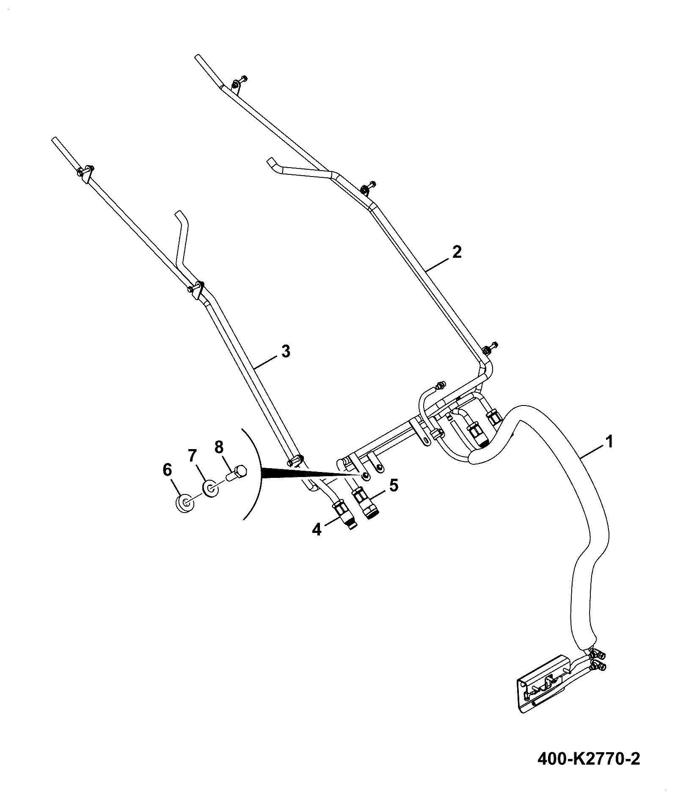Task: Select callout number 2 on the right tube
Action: (457, 252)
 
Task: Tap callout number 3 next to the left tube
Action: (286, 351)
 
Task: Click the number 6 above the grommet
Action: (168, 469)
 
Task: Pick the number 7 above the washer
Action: (193, 456)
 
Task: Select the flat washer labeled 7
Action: (210, 489)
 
